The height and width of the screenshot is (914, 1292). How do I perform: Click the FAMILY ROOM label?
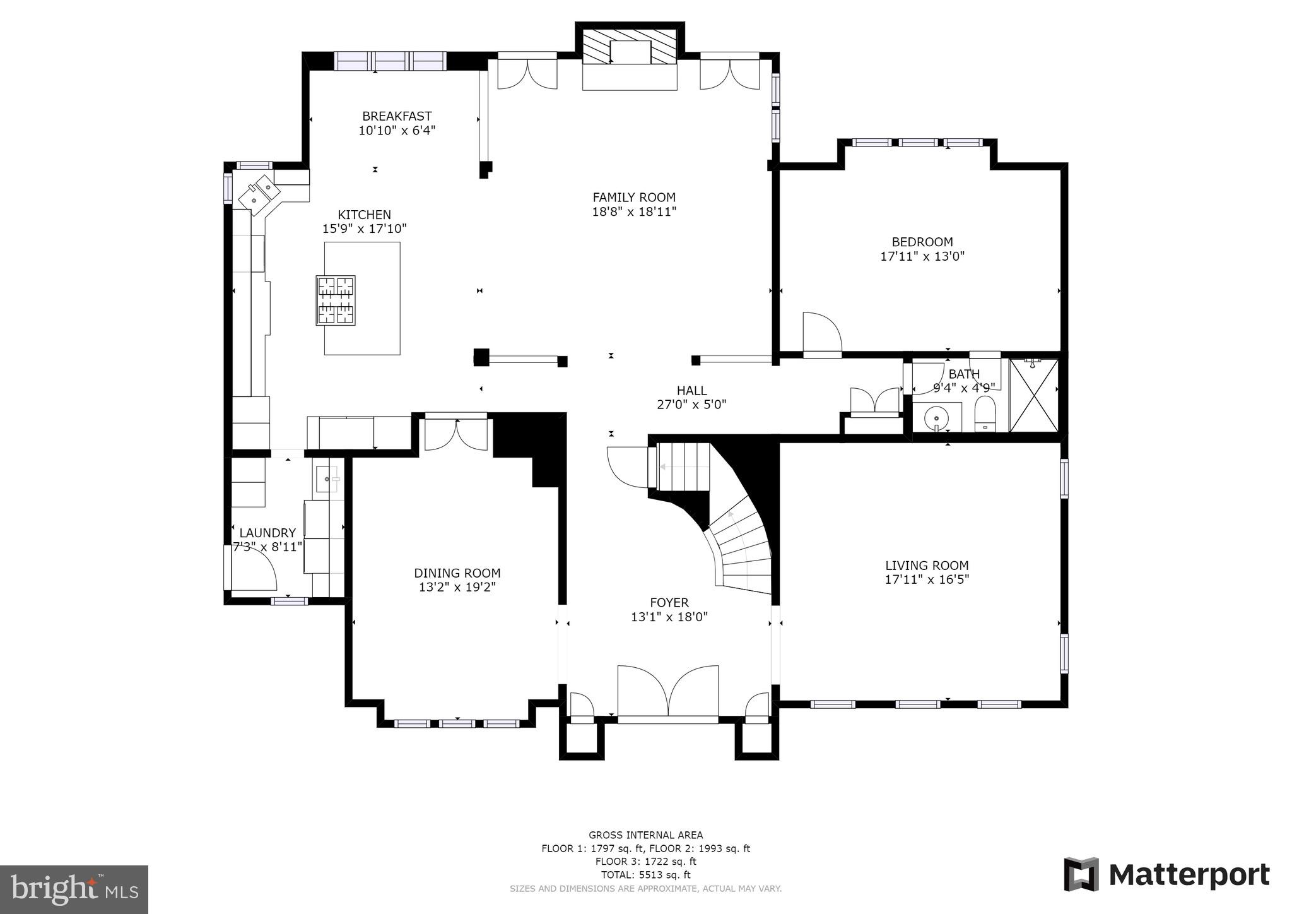click(x=633, y=198)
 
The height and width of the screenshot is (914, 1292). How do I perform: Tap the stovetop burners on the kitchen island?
click(x=336, y=300)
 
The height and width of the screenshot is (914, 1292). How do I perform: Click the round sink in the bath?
click(x=937, y=417)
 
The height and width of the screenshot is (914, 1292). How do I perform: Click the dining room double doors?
click(x=456, y=434)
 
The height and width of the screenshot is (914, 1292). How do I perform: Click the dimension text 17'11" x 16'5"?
click(x=927, y=579)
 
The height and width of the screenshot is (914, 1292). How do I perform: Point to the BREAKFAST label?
click(x=397, y=116)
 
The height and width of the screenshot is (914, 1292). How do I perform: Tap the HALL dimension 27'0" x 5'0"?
click(x=691, y=405)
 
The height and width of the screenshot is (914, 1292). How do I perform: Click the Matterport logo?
click(x=1166, y=874)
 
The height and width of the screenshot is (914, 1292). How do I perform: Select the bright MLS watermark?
click(x=74, y=889)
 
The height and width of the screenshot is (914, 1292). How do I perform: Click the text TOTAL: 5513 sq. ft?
click(x=645, y=875)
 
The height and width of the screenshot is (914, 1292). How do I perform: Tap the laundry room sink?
click(x=327, y=479)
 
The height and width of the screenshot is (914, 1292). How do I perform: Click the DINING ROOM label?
click(x=457, y=573)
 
